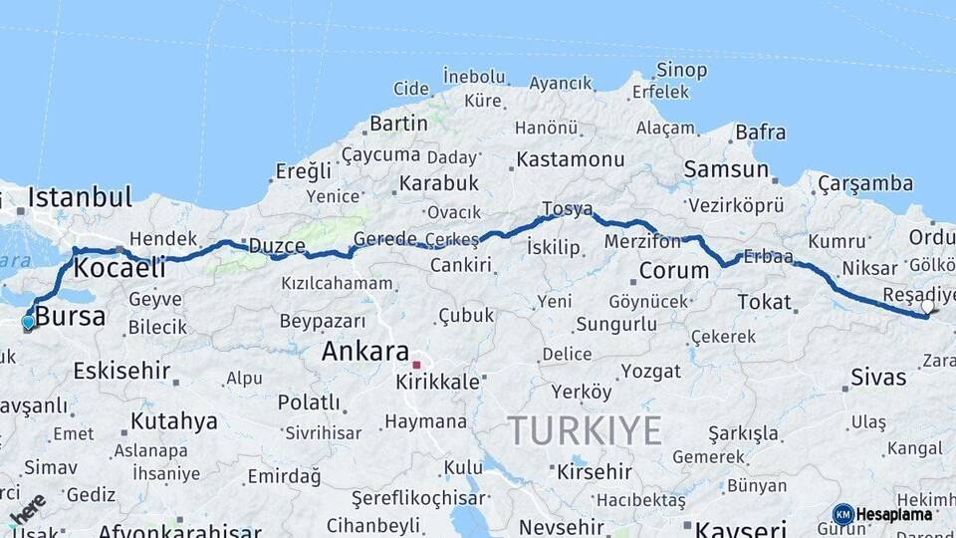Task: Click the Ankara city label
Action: pos(364,352)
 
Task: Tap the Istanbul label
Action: pos(80,197)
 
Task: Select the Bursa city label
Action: pos(70,318)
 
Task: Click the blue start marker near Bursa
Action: pos(28,322)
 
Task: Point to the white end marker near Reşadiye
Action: pos(928,307)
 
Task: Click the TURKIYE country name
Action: pos(585,431)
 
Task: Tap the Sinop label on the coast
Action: pos(681,71)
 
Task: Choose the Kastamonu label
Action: pos(570,159)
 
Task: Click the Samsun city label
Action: pos(726,170)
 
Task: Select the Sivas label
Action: pos(878,378)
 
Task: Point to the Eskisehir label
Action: pos(121,372)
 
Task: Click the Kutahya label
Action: pos(173,421)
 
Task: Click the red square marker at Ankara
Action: pos(416,365)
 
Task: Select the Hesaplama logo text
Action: pos(894,515)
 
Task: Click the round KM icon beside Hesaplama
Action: pos(842,514)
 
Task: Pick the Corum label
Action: pos(673,270)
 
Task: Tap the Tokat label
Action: pos(764,302)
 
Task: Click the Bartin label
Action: pos(398,125)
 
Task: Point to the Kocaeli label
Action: pos(119,268)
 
